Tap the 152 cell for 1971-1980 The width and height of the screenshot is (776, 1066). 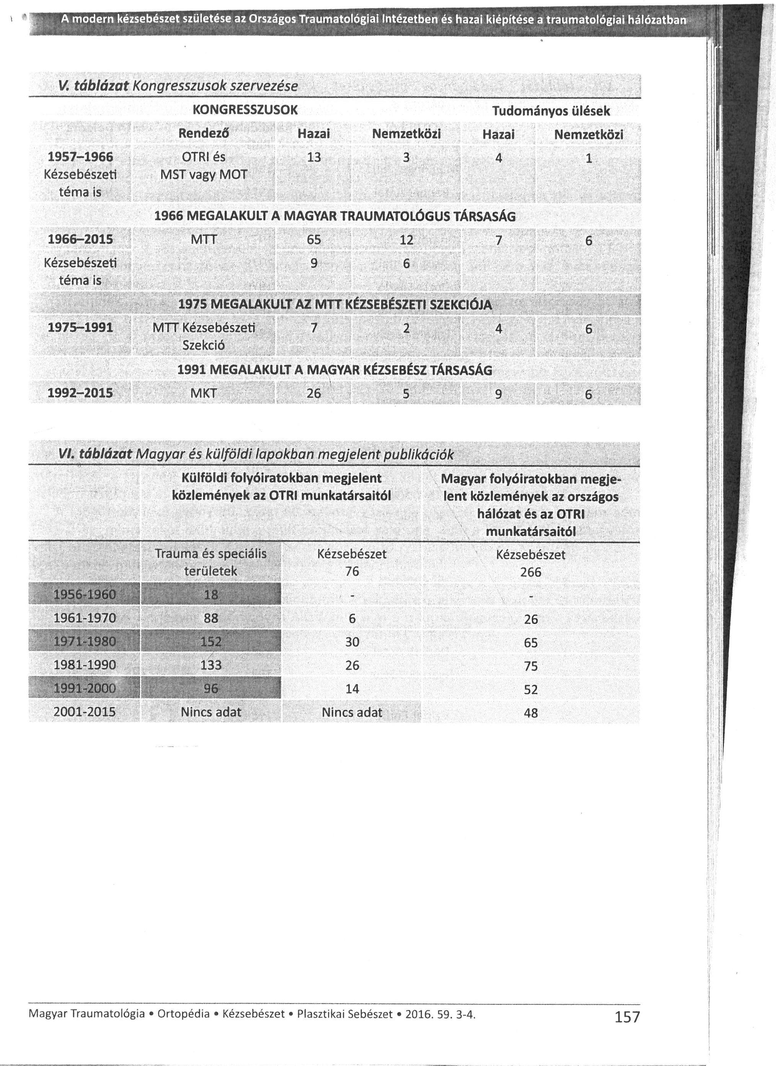211,642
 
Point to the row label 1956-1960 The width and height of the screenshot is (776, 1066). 85,594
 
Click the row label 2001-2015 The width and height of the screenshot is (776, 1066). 85,712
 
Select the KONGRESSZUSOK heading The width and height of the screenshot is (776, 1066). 245,110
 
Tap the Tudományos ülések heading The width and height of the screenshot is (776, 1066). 551,111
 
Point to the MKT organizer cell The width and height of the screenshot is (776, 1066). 203,393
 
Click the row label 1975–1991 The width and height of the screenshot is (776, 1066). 80,327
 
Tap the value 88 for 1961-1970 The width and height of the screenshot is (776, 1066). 211,618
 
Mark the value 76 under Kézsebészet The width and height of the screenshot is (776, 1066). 352,571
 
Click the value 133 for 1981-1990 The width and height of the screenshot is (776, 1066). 211,665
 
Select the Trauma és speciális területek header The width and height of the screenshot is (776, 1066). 211,562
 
